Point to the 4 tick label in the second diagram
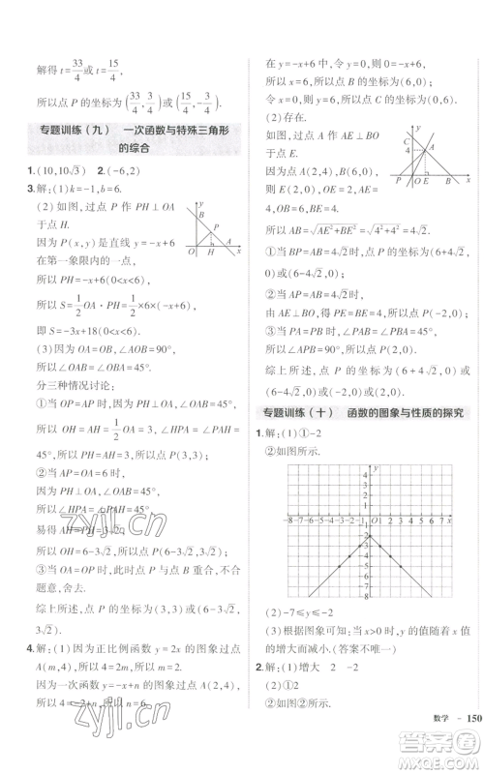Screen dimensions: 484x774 [x=408, y=149]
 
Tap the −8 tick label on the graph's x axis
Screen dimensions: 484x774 [x=289, y=521]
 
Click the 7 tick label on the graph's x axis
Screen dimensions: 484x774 [x=440, y=521]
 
